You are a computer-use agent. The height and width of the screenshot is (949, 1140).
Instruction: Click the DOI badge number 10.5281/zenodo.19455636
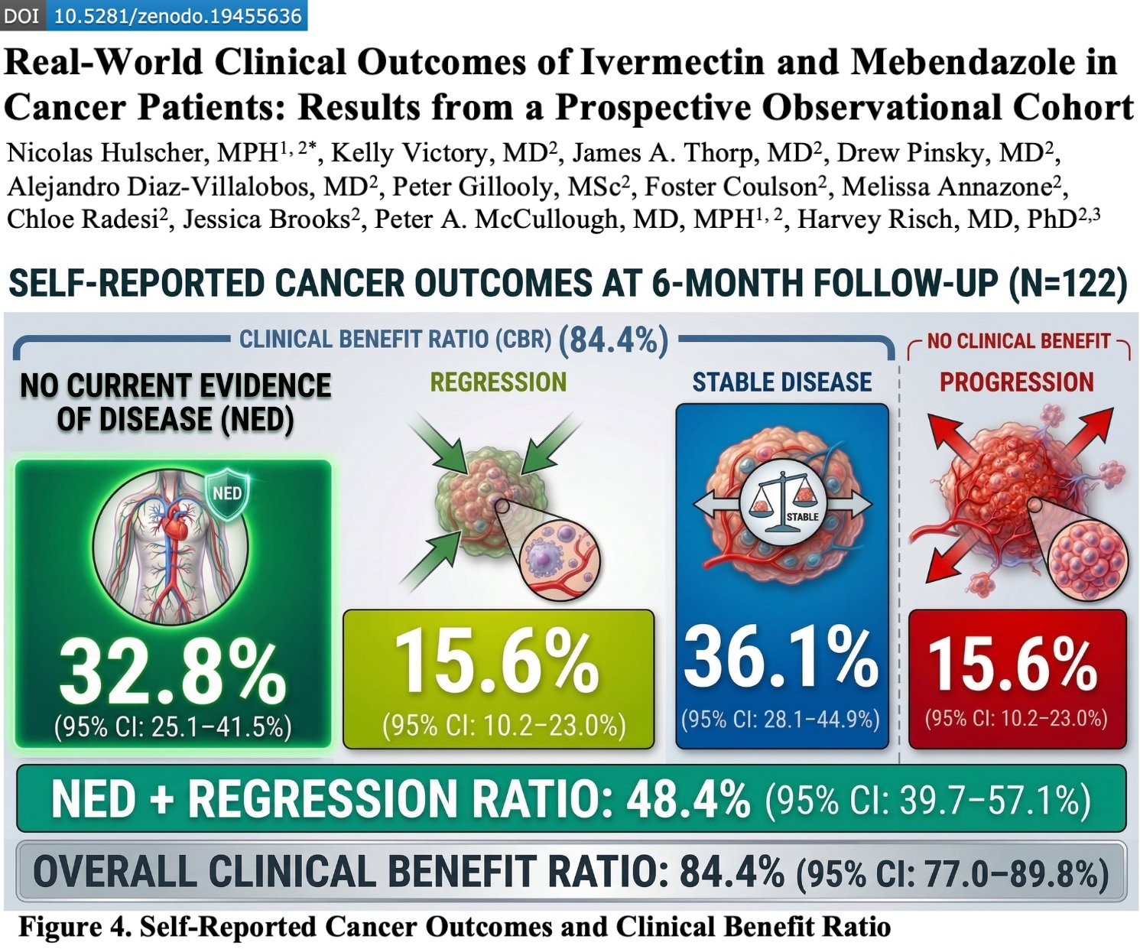tap(177, 16)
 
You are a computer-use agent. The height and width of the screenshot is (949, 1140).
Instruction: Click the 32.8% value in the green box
tap(173, 672)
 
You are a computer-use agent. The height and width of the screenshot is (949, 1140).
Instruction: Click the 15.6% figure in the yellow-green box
tap(497, 661)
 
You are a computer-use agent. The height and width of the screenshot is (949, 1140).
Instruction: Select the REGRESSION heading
tap(498, 382)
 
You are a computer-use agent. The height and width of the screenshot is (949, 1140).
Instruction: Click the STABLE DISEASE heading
tap(781, 382)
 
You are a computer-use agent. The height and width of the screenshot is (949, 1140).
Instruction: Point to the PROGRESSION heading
tap(1016, 382)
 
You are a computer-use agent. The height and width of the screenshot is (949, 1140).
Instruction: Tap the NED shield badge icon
tap(227, 494)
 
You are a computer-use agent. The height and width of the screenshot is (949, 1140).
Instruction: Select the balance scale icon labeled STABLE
tap(781, 504)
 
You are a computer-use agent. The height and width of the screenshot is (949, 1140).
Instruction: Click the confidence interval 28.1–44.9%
tap(781, 720)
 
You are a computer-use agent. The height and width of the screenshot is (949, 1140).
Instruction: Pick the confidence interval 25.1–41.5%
tap(173, 727)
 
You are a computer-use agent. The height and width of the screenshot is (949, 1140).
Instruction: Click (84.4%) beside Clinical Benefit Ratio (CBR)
tap(613, 340)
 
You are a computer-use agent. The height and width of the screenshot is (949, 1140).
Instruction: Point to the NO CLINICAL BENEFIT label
tap(1018, 341)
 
